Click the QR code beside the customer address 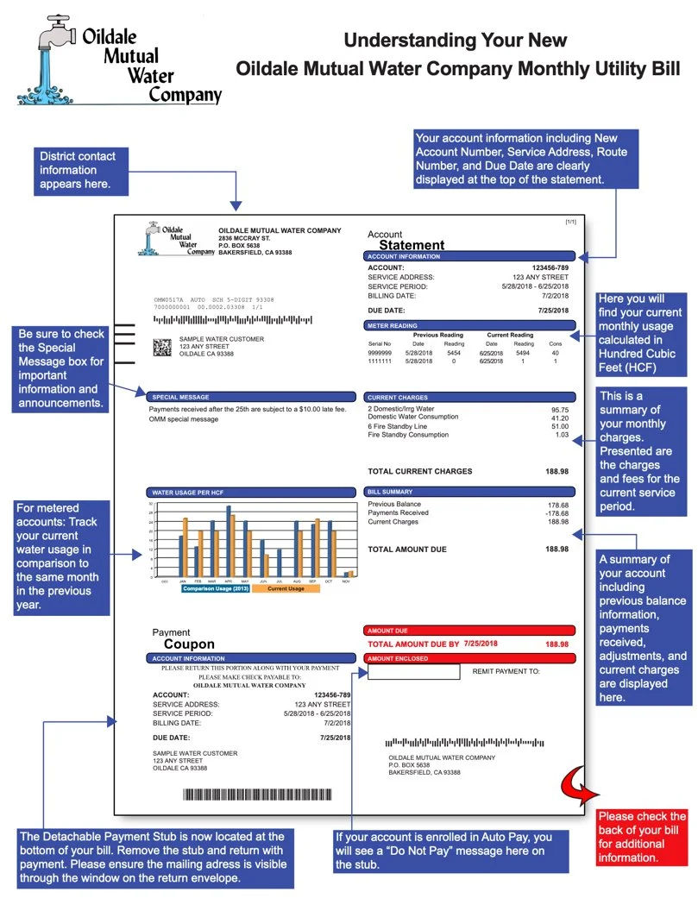point(163,347)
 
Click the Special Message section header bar point(250,397)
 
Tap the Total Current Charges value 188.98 point(557,472)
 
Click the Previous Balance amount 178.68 point(558,505)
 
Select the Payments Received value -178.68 point(557,513)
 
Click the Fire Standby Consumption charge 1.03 point(562,435)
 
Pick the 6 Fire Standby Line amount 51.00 point(559,426)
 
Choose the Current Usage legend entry point(286,588)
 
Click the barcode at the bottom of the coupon point(256,795)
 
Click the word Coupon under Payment point(189,644)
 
